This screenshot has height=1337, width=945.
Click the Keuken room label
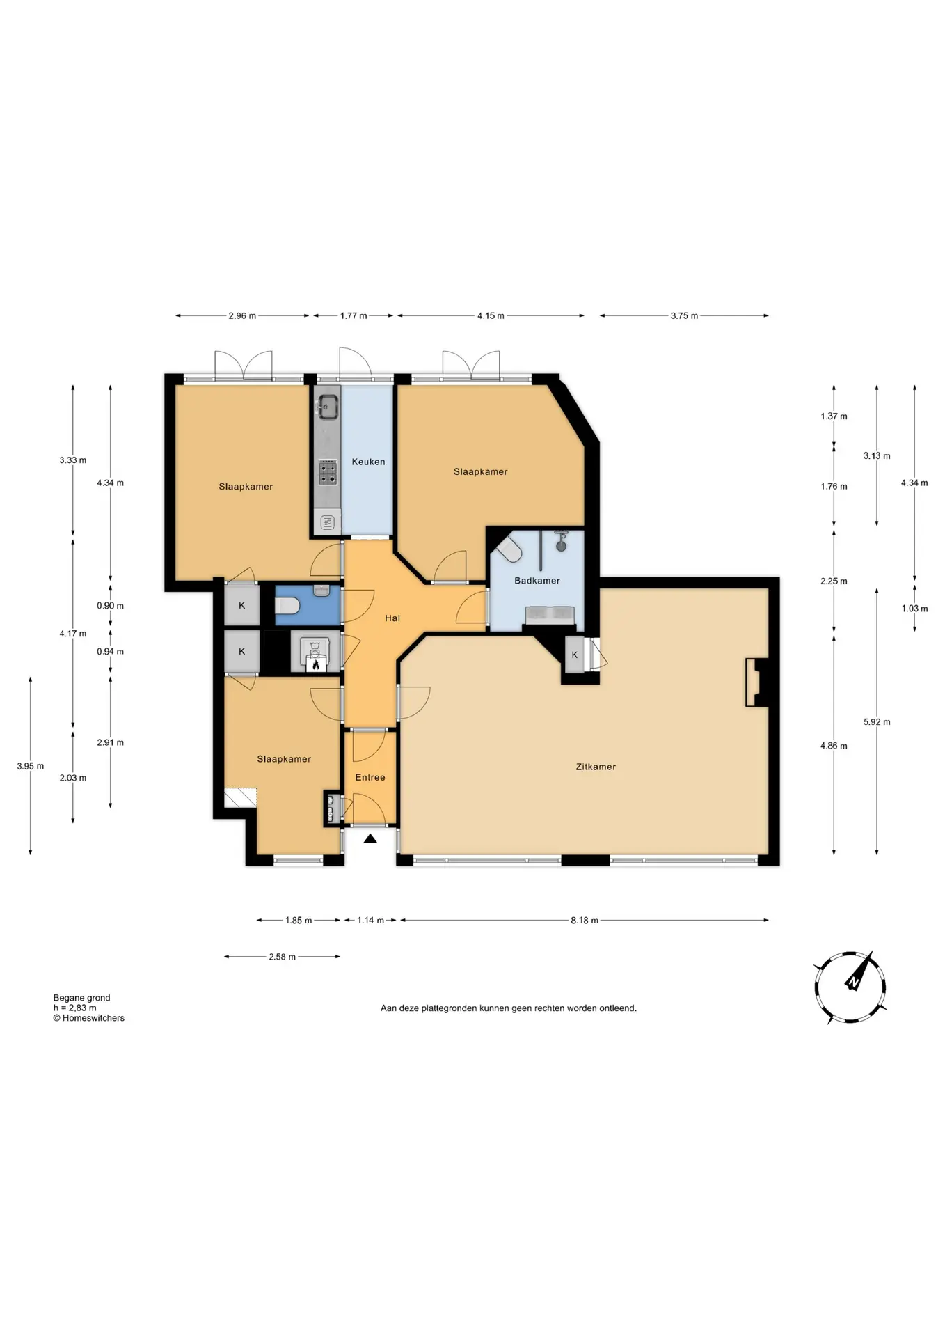pos(368,462)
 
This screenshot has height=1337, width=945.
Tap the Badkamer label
pos(537,581)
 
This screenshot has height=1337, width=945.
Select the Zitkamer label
pos(596,767)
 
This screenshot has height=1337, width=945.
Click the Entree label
pos(370,777)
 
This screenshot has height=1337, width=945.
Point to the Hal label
pos(392,618)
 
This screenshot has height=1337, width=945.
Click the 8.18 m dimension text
pos(585,920)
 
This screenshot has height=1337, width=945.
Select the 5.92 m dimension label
pos(877,722)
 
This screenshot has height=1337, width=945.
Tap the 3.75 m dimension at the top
pos(684,315)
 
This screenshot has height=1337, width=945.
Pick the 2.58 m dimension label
pos(282,957)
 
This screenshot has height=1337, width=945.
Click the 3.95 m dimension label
pos(31,766)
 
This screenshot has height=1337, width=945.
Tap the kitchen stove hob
pos(328,472)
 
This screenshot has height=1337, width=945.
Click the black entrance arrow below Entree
pos(370,839)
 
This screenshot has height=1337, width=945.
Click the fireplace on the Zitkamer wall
pos(756,682)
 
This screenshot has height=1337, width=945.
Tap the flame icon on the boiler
pos(315,665)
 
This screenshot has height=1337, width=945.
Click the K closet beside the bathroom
pos(575,655)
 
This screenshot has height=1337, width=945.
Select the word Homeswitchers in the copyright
pos(93,1018)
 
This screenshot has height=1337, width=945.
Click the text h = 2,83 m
pos(75,1008)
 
